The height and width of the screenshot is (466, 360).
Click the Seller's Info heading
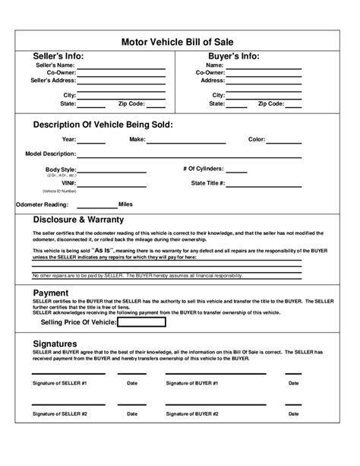pos(63,56)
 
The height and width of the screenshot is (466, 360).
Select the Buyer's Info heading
pos(233,56)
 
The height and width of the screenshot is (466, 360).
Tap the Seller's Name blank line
pos(122,67)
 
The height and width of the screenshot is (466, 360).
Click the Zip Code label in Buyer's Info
pos(271,103)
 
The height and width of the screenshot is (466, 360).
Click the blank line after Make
pos(186,141)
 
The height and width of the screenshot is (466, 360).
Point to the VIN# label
pos(69,183)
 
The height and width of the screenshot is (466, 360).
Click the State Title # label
pos(208,183)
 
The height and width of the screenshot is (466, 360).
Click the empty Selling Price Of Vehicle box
pos(141,322)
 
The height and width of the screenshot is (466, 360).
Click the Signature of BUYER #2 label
pos(192,414)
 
